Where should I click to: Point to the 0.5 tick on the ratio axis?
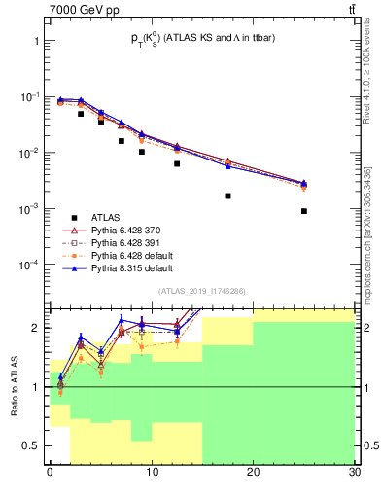33,446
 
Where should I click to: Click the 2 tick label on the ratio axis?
37,328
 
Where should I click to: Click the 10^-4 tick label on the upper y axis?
28,265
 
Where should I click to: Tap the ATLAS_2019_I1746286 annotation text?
201,290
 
